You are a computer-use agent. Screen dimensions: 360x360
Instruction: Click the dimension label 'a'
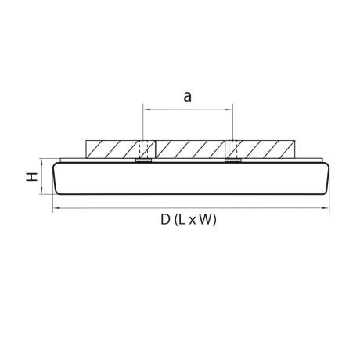(x=187, y=97)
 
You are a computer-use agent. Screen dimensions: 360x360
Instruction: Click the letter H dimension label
(x=31, y=178)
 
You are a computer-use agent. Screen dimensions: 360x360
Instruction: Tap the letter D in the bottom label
(x=166, y=220)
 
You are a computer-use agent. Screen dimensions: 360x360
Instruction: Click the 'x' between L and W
(x=194, y=221)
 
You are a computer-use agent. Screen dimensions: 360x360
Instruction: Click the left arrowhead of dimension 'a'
(x=145, y=110)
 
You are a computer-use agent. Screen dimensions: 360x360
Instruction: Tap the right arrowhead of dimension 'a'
(x=230, y=110)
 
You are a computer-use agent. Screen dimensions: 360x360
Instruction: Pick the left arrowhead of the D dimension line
(x=56, y=209)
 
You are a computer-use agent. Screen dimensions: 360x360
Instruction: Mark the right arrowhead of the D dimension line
(x=325, y=209)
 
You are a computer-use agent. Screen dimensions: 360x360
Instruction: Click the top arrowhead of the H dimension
(x=41, y=160)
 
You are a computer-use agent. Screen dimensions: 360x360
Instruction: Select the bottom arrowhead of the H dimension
(x=41, y=194)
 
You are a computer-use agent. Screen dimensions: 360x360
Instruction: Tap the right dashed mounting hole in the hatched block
(x=232, y=149)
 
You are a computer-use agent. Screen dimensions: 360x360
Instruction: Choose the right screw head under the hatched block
(x=232, y=161)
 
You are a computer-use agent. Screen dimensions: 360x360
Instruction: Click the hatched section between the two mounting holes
(x=188, y=149)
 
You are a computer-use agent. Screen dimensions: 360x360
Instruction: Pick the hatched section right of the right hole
(x=266, y=149)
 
